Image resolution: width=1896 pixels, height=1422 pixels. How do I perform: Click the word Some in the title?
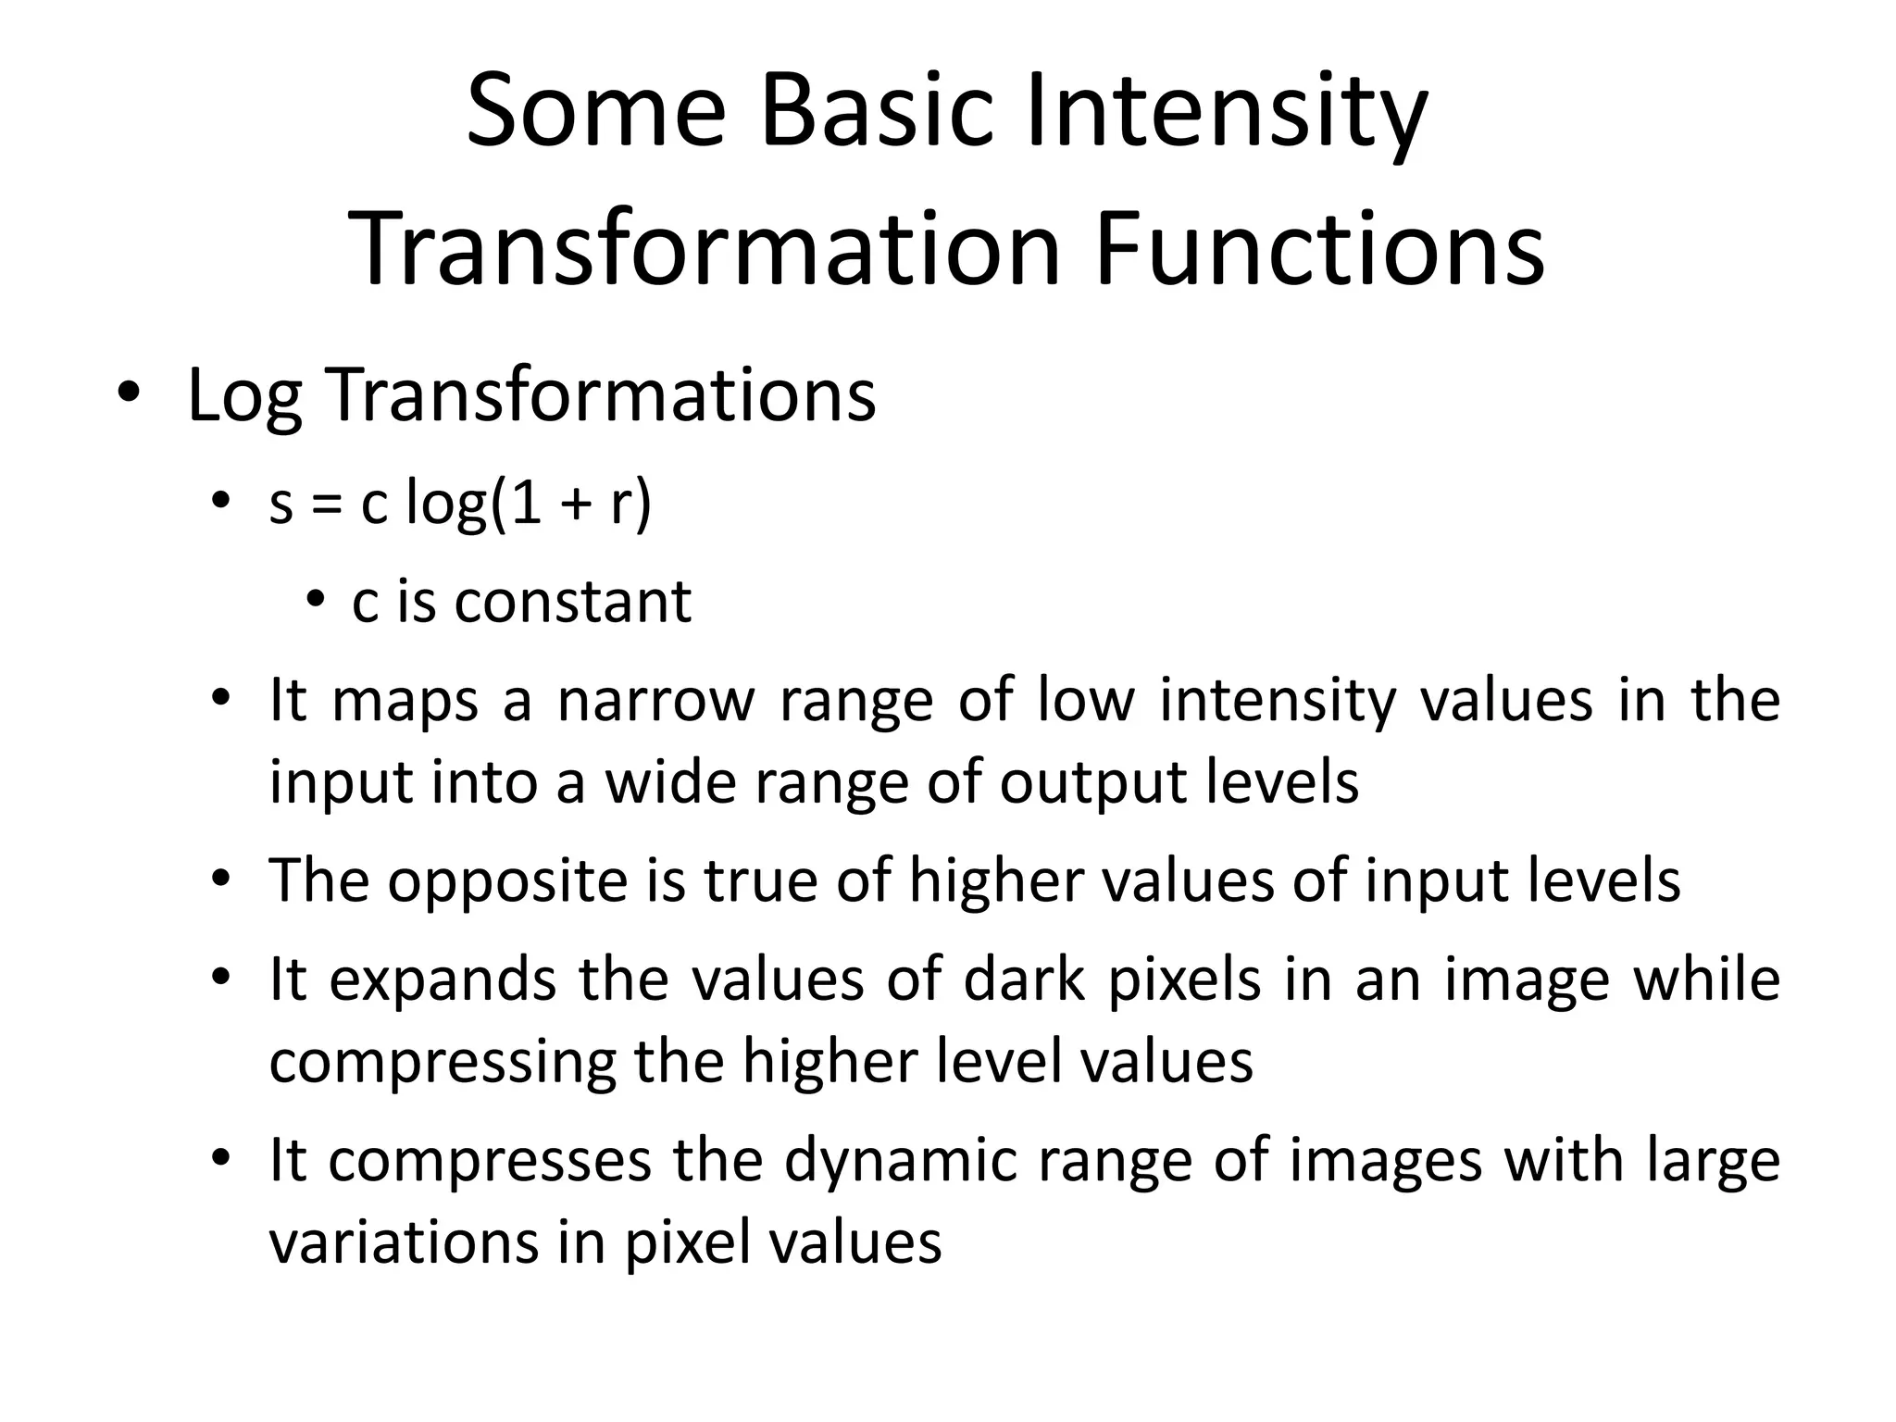[595, 113]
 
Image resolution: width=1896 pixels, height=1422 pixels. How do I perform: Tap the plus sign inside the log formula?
[576, 507]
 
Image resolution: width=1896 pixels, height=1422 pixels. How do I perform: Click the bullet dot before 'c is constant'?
[317, 601]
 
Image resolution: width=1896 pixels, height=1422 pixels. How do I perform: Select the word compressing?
[442, 1062]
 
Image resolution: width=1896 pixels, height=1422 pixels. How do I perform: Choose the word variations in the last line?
[404, 1242]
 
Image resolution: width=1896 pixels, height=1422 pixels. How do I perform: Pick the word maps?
[405, 702]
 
